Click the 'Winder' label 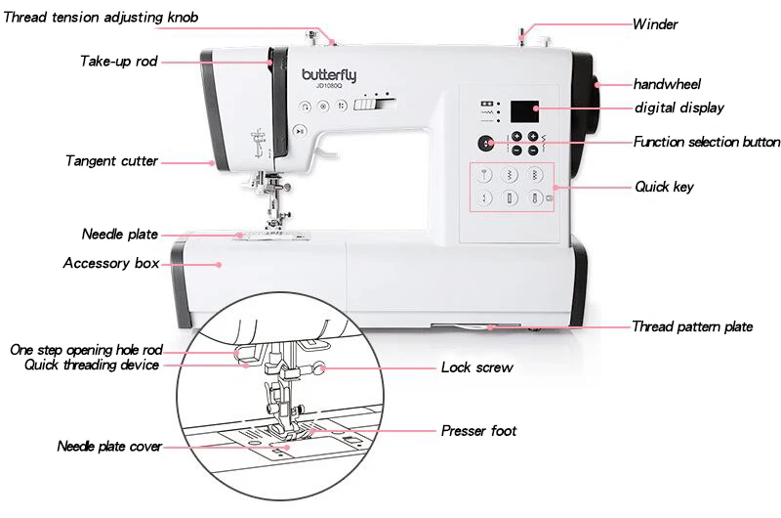click(654, 24)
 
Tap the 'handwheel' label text click(667, 85)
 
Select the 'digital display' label click(678, 108)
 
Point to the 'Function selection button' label click(707, 143)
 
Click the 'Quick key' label click(664, 186)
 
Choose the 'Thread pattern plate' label click(692, 327)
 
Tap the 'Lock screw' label click(476, 368)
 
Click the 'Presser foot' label click(478, 431)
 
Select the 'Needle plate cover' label click(108, 447)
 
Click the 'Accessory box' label click(110, 264)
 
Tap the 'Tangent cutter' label click(111, 161)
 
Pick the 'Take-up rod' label click(118, 62)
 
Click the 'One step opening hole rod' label click(86, 350)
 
